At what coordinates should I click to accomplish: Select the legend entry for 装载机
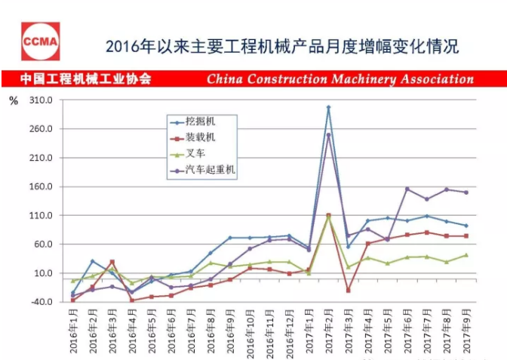click(201, 137)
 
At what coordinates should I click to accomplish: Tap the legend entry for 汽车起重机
click(210, 171)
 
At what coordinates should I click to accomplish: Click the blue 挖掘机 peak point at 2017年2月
click(329, 107)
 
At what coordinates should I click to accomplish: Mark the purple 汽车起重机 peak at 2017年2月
click(329, 135)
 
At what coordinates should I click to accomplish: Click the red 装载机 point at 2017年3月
click(349, 290)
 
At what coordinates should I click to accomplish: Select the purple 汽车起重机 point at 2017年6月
click(407, 189)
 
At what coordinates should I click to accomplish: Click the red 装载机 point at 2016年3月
click(112, 262)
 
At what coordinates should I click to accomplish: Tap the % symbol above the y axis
click(13, 100)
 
